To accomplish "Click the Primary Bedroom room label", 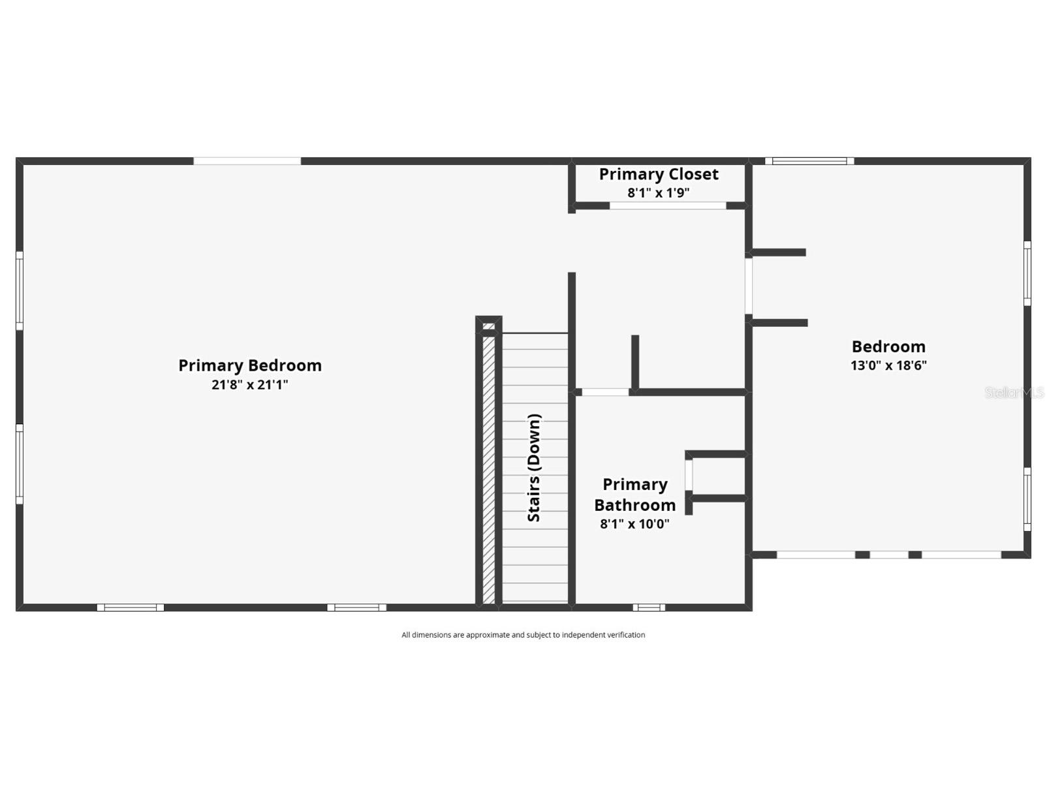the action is point(250,365).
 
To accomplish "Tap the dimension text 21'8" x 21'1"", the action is point(250,384).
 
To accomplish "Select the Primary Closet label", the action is point(659,174).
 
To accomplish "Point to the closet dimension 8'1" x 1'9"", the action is point(659,193).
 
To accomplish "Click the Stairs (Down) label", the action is point(534,468).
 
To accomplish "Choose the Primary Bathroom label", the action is point(635,495).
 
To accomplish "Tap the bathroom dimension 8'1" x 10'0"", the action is point(635,524).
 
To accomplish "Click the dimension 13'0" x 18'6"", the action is point(888,365).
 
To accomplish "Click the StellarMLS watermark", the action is point(1014,393).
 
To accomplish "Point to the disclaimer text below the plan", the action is point(523,635).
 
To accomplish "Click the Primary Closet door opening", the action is point(668,206).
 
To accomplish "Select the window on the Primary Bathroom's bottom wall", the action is point(649,608).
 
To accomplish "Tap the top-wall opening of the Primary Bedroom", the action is point(247,161).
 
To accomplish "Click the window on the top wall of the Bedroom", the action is point(809,161).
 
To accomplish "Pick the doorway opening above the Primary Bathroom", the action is point(605,392).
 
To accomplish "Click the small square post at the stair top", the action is point(489,326).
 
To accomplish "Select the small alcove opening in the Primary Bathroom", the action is point(689,475).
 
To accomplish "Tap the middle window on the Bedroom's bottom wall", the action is point(888,555).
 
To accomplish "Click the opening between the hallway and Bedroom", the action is point(749,286).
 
